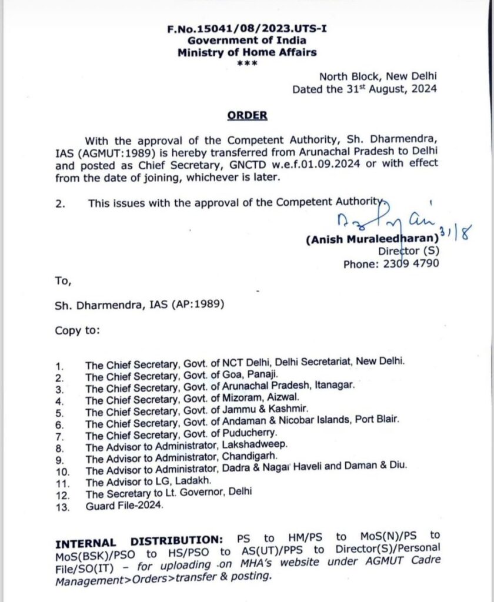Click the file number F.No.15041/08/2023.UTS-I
pyautogui.click(x=247, y=28)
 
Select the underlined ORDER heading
pyautogui.click(x=247, y=115)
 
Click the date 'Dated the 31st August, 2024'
pyautogui.click(x=365, y=89)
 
